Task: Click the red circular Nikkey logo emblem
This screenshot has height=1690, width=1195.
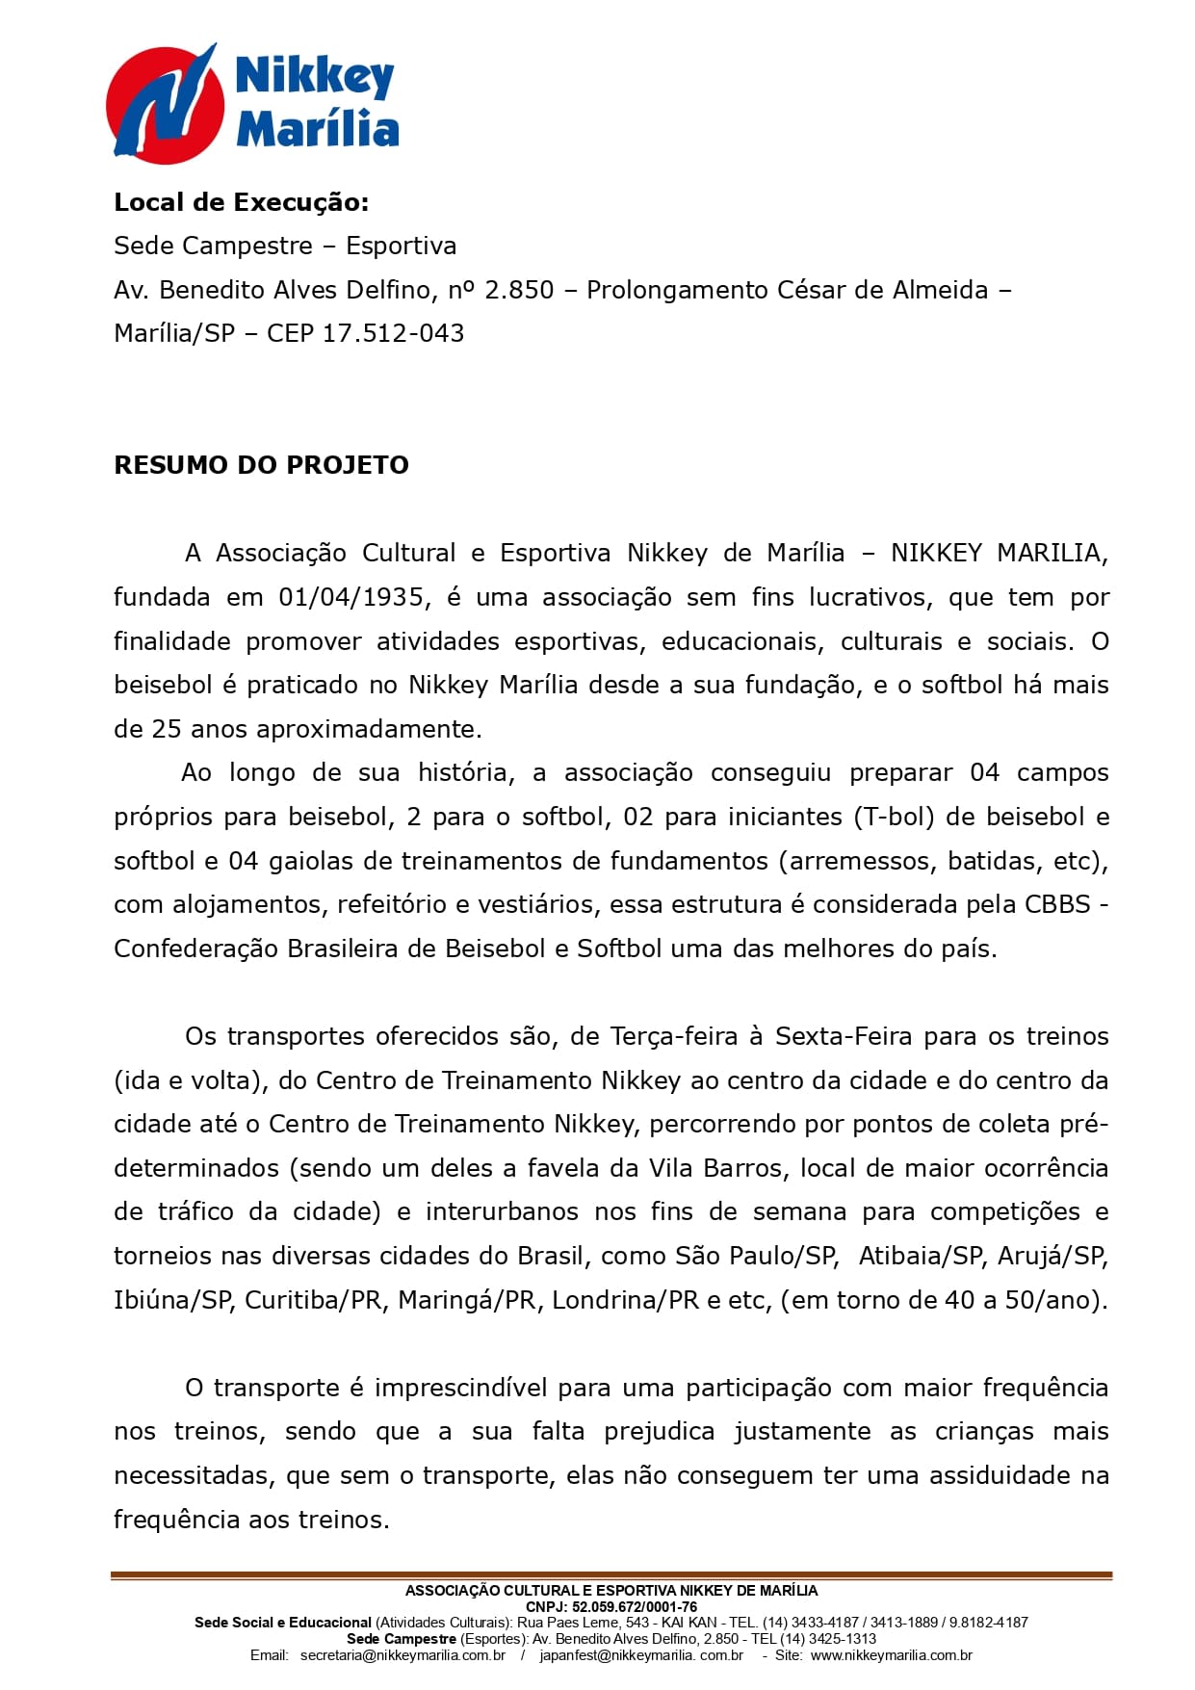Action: pos(164,103)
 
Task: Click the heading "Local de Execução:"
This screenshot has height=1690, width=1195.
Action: pos(241,202)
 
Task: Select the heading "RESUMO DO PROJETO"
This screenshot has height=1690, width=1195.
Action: pos(261,465)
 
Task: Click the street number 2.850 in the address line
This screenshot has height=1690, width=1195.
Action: pos(519,290)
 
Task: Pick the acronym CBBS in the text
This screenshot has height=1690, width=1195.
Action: pos(1057,904)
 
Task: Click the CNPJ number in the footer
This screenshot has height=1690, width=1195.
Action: pos(634,1606)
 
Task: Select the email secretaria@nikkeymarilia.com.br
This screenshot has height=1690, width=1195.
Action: pos(403,1655)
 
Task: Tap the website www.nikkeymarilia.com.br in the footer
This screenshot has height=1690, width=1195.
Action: pos(891,1655)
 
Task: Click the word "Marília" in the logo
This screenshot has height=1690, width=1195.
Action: pos(318,128)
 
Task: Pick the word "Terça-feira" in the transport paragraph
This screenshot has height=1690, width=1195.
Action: pos(673,1036)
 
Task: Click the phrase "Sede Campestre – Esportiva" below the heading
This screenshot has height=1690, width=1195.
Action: pos(285,246)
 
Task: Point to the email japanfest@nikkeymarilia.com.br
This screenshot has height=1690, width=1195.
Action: pos(641,1655)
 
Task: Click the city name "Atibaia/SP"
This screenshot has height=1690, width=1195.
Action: pos(921,1256)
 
